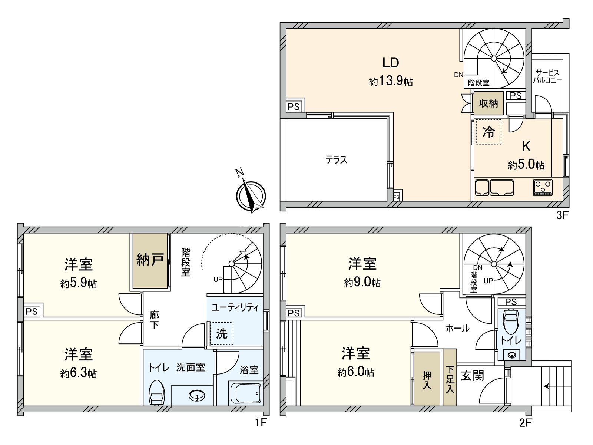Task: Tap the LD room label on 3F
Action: [391, 63]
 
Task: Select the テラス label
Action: [337, 160]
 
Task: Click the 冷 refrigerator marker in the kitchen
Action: [488, 132]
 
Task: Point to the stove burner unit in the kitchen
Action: [543, 187]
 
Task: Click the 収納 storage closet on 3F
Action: [488, 103]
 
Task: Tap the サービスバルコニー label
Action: [547, 76]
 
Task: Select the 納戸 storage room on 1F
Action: [150, 260]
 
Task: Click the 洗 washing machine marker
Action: [222, 333]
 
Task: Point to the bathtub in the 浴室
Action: [245, 393]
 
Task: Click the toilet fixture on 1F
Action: [156, 393]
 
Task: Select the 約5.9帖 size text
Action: [79, 284]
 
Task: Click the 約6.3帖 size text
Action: [79, 373]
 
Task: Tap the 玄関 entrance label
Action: [473, 376]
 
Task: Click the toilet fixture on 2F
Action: [511, 321]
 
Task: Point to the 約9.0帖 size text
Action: [362, 283]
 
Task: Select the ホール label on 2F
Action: [457, 328]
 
